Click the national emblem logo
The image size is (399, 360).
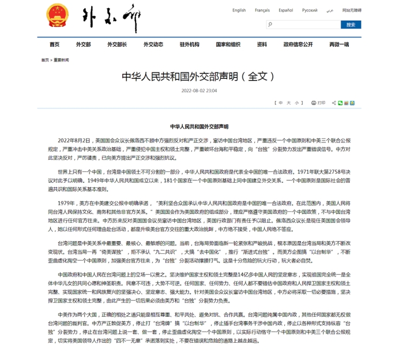[56, 14]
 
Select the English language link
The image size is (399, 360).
[239, 10]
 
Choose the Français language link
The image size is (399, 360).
[262, 10]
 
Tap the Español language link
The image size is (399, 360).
[285, 10]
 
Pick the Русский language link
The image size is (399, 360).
[310, 10]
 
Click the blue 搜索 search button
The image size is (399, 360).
[351, 25]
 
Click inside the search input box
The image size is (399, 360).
[303, 25]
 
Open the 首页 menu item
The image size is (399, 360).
[54, 44]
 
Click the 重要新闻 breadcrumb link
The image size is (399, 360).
[62, 60]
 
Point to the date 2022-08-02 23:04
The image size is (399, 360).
[199, 91]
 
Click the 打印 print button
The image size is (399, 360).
[318, 103]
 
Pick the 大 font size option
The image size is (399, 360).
[289, 103]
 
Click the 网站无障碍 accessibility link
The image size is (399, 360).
[352, 10]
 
